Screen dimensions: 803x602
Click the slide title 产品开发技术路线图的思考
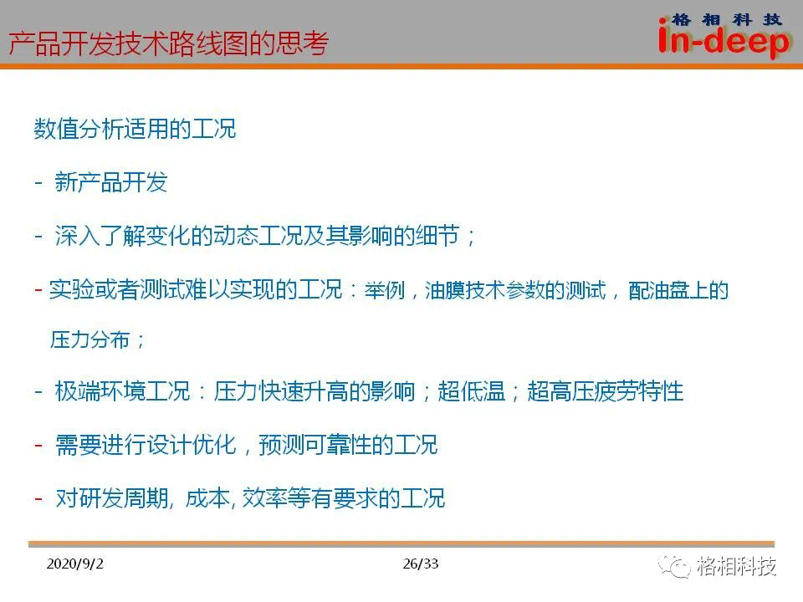click(168, 43)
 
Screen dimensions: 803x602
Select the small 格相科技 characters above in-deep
click(726, 19)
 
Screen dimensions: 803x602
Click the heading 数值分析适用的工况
click(136, 129)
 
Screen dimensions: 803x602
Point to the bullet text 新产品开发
click(111, 181)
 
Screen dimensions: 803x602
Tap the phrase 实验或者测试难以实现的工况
click(196, 289)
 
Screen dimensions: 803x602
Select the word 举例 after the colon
click(385, 290)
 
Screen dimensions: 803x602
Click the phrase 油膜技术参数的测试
click(515, 290)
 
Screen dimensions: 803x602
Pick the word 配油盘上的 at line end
click(678, 290)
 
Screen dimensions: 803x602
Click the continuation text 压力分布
click(90, 339)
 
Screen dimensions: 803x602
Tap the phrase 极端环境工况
click(122, 391)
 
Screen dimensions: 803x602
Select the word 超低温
click(472, 391)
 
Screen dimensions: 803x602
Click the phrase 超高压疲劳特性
click(606, 391)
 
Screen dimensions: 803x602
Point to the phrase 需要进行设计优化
click(146, 444)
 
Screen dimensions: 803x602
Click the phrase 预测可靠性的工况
click(348, 444)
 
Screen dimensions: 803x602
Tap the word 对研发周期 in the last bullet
click(112, 497)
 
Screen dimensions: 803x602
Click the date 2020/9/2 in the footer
click(74, 564)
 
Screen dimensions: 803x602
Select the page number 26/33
click(421, 564)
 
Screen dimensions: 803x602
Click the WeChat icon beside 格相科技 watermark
click(674, 567)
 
